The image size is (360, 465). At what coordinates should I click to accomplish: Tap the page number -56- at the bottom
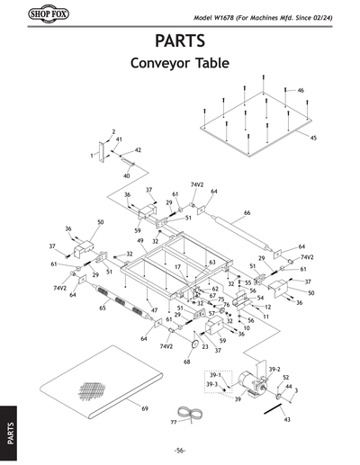180,450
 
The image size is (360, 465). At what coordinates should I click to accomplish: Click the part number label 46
301,91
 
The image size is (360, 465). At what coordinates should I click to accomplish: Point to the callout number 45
313,138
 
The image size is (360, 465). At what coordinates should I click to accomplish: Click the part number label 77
174,421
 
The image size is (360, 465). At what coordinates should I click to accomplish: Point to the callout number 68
187,362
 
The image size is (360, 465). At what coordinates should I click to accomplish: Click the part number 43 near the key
286,420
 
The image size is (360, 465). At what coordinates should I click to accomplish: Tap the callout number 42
138,150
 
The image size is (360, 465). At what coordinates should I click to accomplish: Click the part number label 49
140,241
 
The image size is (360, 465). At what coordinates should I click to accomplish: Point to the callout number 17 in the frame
178,267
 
